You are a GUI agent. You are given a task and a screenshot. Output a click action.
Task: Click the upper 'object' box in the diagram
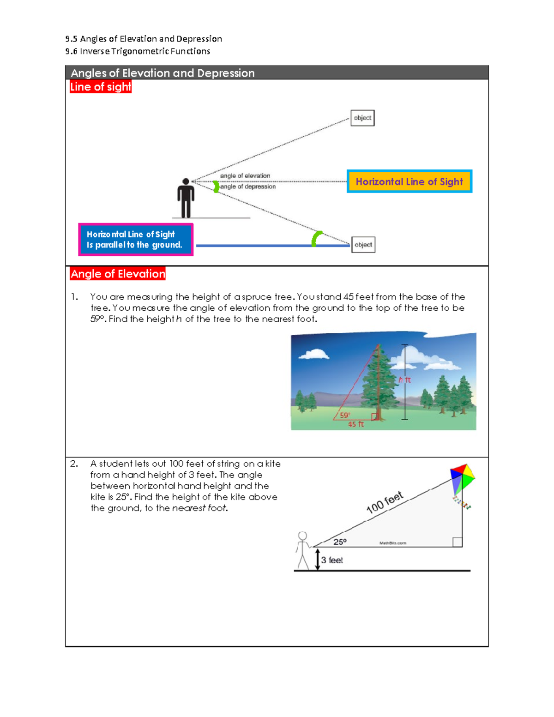pyautogui.click(x=362, y=118)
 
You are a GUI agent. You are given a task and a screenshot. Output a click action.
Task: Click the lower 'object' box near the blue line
pyautogui.click(x=363, y=245)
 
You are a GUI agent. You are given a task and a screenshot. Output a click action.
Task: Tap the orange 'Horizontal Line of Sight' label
pyautogui.click(x=409, y=181)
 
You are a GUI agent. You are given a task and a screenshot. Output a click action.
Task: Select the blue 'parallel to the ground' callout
pyautogui.click(x=135, y=240)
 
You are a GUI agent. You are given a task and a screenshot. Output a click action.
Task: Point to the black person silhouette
pyautogui.click(x=186, y=198)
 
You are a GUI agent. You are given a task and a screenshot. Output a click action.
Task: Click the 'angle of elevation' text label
pyautogui.click(x=245, y=176)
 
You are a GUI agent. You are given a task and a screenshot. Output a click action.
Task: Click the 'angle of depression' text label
pyautogui.click(x=248, y=187)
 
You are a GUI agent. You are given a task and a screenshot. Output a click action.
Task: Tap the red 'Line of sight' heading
pyautogui.click(x=101, y=87)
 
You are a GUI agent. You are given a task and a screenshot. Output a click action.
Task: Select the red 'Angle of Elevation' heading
pyautogui.click(x=118, y=274)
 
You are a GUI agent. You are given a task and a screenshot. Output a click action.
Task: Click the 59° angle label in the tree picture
pyautogui.click(x=345, y=415)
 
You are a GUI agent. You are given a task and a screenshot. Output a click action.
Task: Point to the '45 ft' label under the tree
pyautogui.click(x=356, y=424)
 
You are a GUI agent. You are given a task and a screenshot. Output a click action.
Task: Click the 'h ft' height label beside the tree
pyautogui.click(x=405, y=380)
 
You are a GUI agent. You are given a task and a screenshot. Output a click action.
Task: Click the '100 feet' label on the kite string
pyautogui.click(x=385, y=502)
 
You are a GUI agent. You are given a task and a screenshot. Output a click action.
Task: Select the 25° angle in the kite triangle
pyautogui.click(x=340, y=542)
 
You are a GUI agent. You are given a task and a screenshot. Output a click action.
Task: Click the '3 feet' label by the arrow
pyautogui.click(x=332, y=560)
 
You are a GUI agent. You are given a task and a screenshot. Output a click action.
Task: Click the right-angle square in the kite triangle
pyautogui.click(x=457, y=542)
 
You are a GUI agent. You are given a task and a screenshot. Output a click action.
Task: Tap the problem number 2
pyautogui.click(x=74, y=464)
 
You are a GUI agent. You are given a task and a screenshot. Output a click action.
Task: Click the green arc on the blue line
pyautogui.click(x=316, y=239)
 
